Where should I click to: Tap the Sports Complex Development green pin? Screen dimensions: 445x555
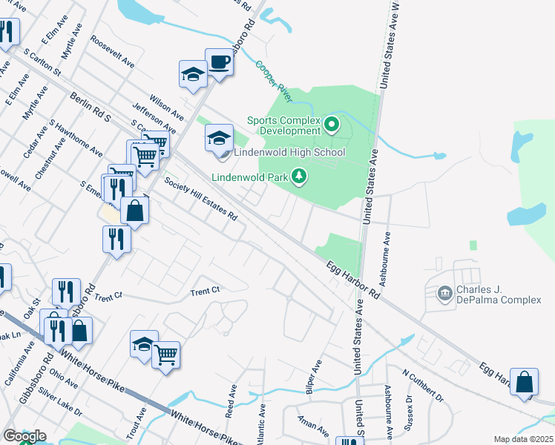(332, 125)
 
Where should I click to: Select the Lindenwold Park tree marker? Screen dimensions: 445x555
(298, 177)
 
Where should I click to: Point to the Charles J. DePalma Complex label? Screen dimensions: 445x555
(499, 294)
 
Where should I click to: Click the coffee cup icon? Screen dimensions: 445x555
(220, 62)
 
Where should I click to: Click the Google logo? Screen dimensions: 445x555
(24, 437)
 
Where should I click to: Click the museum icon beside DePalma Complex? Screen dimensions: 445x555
(444, 294)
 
